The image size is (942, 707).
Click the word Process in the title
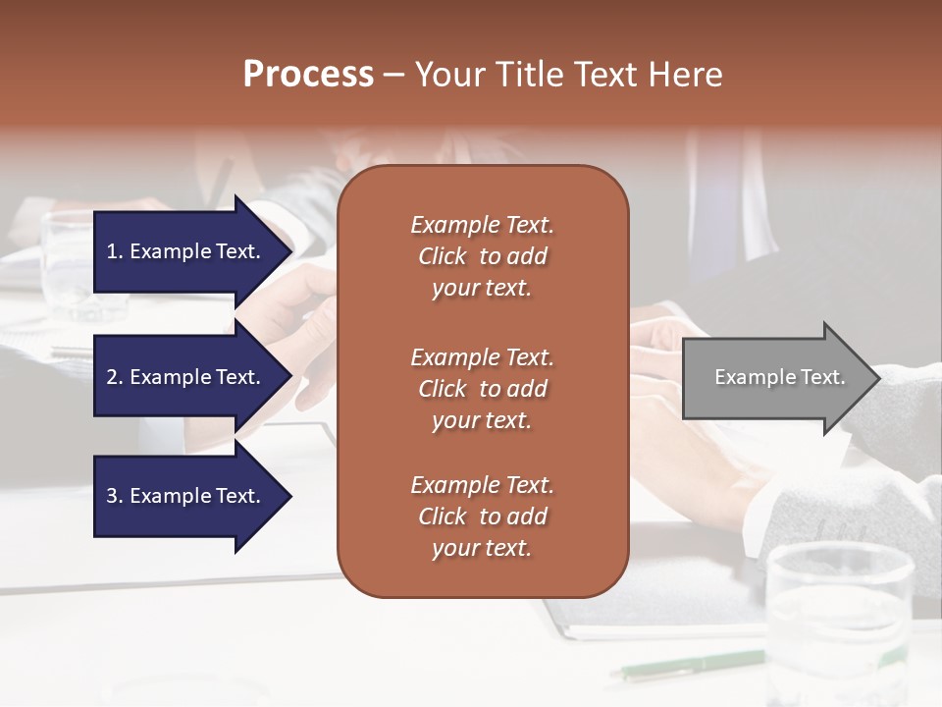(308, 75)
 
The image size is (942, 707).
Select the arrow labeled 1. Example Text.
(186, 251)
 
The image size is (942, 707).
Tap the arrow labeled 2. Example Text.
(186, 377)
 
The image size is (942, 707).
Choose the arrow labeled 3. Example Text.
(186, 496)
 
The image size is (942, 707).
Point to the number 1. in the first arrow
(115, 251)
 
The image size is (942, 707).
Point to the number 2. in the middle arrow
(115, 377)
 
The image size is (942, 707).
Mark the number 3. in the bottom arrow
(115, 496)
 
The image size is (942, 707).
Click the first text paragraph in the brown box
(482, 256)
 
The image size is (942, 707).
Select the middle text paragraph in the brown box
(482, 388)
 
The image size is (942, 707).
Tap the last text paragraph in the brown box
(482, 517)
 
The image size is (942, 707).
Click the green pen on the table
(687, 664)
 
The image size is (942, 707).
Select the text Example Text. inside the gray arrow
(779, 377)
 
